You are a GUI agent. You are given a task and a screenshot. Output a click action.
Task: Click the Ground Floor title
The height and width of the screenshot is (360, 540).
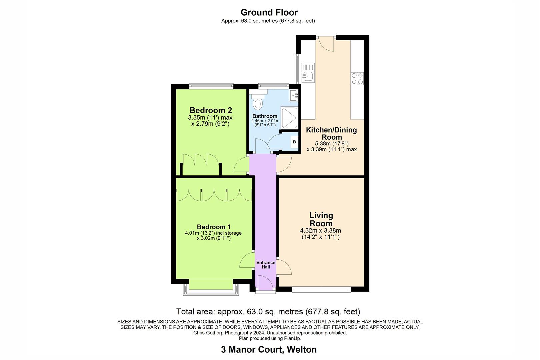[x=269, y=12]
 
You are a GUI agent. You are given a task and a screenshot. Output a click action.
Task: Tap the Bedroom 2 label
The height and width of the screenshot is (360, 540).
[x=210, y=110]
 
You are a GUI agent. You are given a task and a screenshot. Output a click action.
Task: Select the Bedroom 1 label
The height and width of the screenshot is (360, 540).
[x=213, y=227]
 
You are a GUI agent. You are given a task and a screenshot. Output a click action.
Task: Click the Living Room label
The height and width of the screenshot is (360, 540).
[x=321, y=219]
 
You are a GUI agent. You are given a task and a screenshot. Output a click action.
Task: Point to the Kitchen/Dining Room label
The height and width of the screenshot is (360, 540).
[x=331, y=133]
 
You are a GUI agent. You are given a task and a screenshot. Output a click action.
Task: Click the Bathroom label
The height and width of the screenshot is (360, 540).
[x=265, y=116]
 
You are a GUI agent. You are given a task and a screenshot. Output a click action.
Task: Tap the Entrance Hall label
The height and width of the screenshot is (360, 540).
[x=266, y=265]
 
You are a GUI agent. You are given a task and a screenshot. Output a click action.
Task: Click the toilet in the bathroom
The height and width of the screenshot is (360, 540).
[x=257, y=102]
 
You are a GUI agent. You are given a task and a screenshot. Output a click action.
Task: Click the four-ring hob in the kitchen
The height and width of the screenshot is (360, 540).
[x=357, y=78]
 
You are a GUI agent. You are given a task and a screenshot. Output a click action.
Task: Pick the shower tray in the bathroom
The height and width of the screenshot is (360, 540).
[x=290, y=117]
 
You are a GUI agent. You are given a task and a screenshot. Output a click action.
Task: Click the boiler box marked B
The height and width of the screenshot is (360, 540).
[x=294, y=142]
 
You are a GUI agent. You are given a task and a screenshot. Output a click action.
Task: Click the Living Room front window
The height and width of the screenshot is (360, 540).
[x=321, y=290]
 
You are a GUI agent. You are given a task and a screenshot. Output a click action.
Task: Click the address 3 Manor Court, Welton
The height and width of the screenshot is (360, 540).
[x=269, y=350]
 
